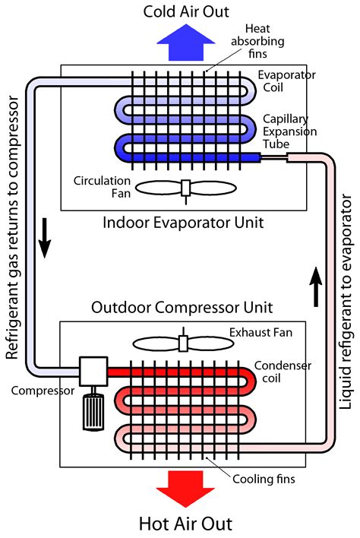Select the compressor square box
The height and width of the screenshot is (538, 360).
pyautogui.click(x=95, y=372)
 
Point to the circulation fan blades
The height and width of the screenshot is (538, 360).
pyautogui.click(x=185, y=188)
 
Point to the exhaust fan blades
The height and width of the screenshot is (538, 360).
pyautogui.click(x=182, y=322)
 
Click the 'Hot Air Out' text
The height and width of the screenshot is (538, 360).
pyautogui.click(x=185, y=524)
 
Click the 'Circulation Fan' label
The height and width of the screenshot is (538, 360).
pyautogui.click(x=99, y=187)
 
